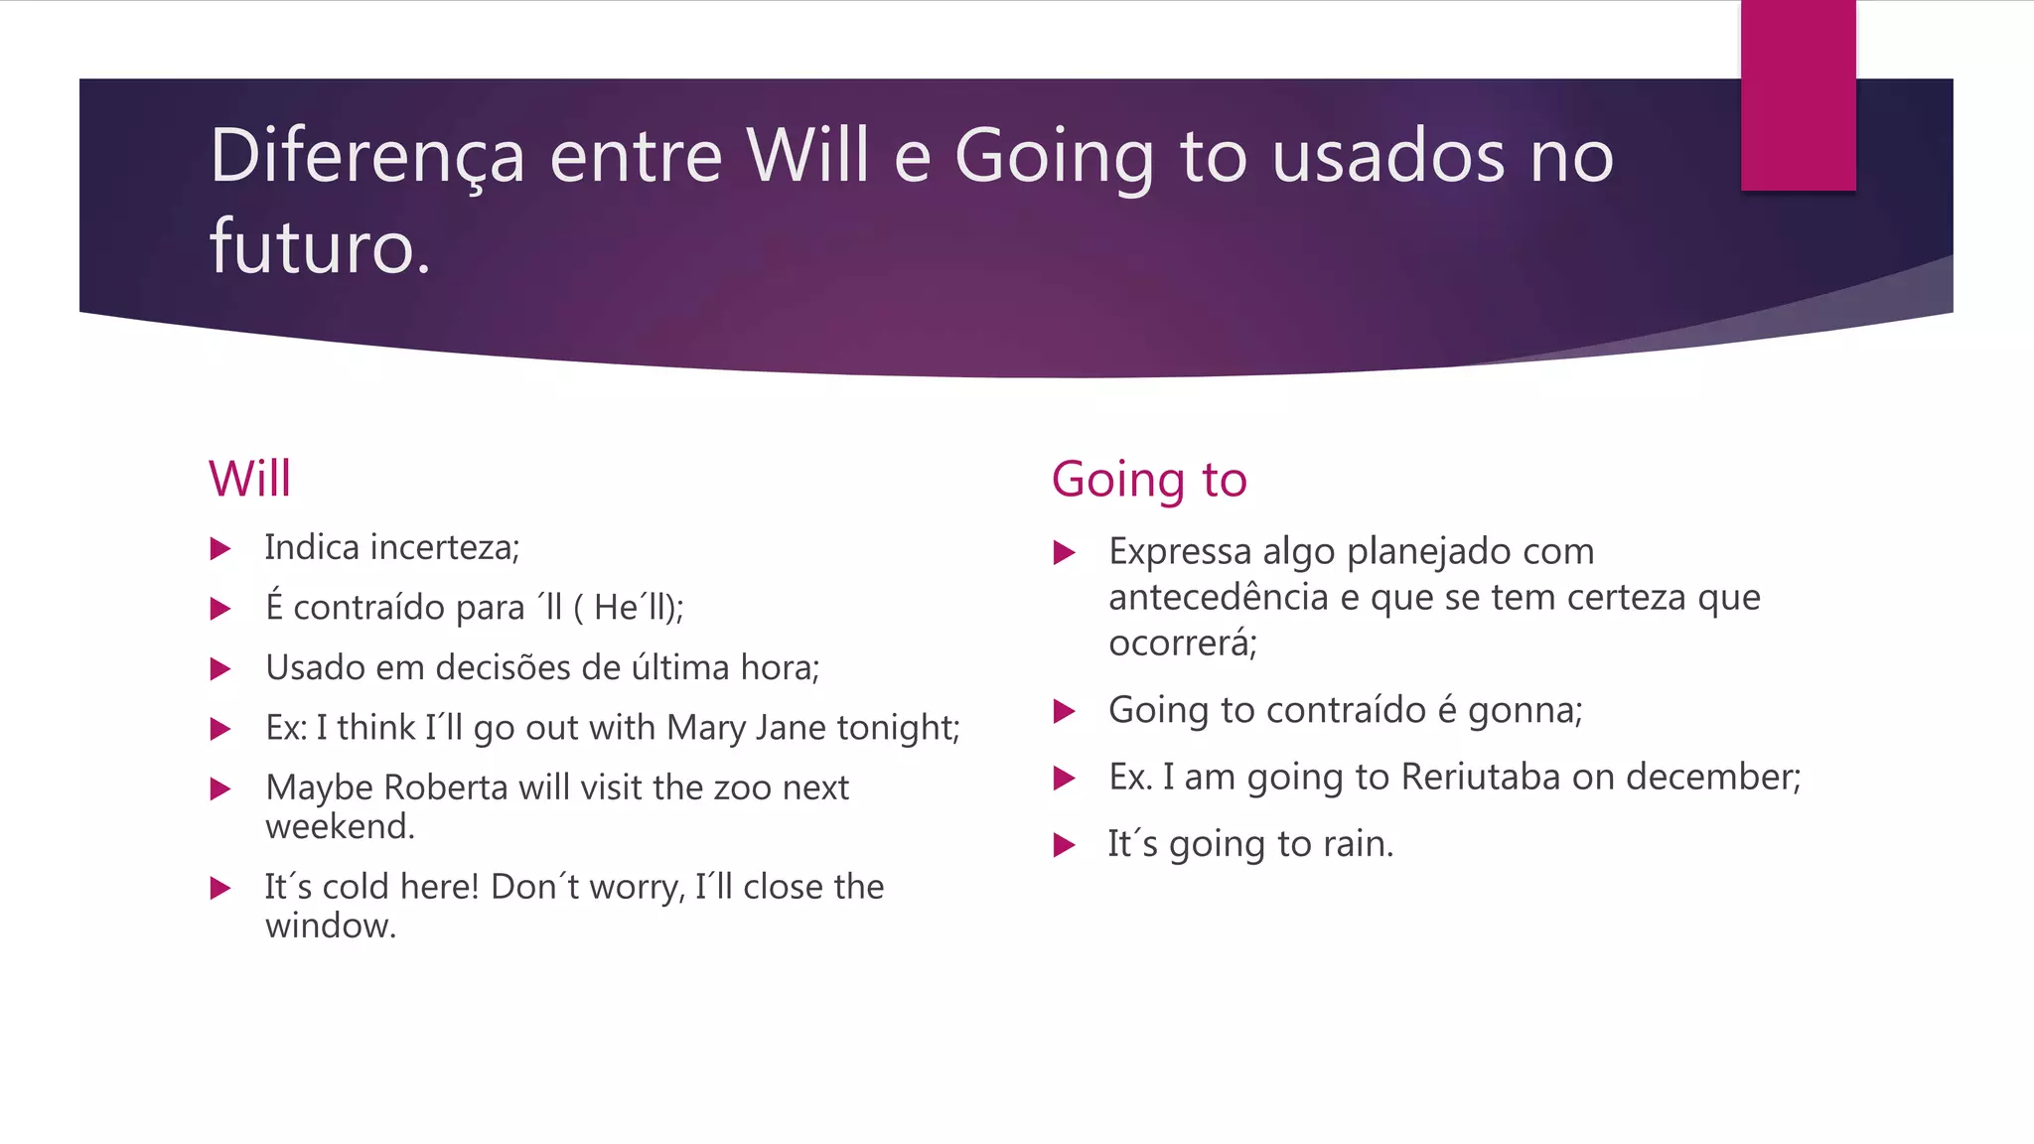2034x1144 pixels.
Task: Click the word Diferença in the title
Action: click(x=366, y=156)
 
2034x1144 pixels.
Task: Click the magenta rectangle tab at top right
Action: click(x=1798, y=94)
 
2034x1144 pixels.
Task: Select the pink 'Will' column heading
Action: click(x=249, y=479)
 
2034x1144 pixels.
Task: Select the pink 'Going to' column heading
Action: click(x=1149, y=480)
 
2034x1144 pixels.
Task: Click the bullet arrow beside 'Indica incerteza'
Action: click(x=220, y=549)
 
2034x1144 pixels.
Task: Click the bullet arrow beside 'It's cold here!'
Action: click(x=220, y=888)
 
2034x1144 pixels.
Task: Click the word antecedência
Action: click(x=1218, y=597)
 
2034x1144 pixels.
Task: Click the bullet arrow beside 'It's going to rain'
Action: click(x=1065, y=845)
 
